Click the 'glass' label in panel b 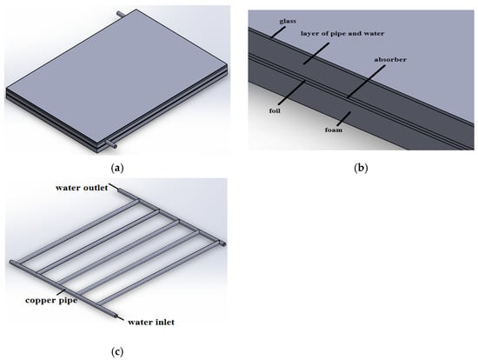click(288, 21)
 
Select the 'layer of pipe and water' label click(342, 33)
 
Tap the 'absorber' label click(390, 59)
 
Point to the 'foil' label click(275, 110)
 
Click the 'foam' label click(333, 130)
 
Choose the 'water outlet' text click(82, 188)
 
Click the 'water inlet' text click(151, 322)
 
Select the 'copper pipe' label click(51, 300)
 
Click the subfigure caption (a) click(117, 168)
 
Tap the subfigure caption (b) click(361, 168)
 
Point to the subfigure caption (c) click(117, 352)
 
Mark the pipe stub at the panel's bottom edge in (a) click(111, 144)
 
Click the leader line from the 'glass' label click(279, 32)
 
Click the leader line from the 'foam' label click(343, 119)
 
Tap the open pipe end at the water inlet click(116, 316)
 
